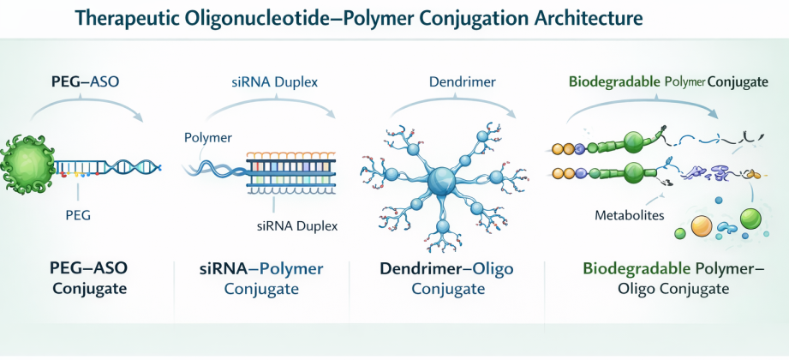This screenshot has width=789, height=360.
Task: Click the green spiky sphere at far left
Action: [33, 161]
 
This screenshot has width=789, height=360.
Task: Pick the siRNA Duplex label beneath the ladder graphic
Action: [296, 226]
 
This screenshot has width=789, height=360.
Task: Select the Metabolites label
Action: [629, 215]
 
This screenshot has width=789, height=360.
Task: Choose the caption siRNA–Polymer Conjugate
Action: [261, 279]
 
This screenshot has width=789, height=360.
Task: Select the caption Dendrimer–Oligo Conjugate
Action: [446, 279]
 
